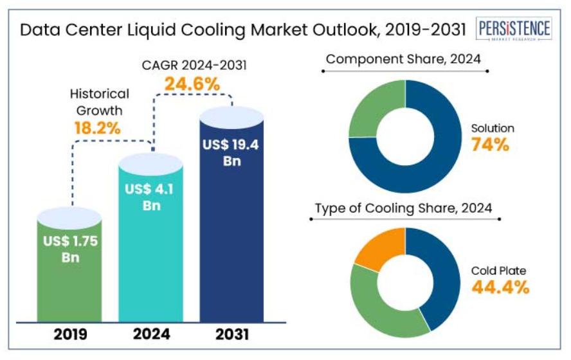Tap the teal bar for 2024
tap(151, 257)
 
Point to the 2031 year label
tap(231, 334)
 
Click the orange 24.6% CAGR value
tap(192, 84)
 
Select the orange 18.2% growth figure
tap(98, 127)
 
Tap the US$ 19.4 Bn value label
tap(231, 152)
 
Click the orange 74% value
tap(490, 145)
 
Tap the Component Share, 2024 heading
tap(403, 60)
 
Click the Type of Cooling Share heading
tap(403, 208)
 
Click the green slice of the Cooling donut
tap(379, 309)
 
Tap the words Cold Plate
tap(499, 269)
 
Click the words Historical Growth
tap(99, 102)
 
